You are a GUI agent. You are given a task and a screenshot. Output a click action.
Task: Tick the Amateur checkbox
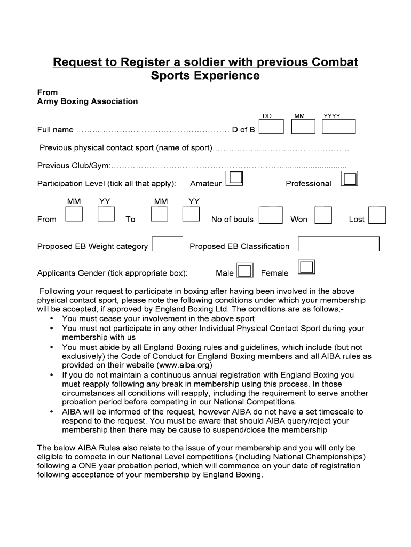[234, 179]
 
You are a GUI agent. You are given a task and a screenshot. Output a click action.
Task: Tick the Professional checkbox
[350, 179]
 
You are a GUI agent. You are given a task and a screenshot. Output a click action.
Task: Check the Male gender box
[244, 271]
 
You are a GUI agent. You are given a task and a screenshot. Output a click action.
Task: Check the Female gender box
[307, 267]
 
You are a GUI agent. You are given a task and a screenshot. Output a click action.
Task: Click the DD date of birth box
[272, 127]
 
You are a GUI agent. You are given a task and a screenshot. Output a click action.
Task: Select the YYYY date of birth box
[339, 127]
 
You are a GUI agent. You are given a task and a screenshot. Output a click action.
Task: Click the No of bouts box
[271, 215]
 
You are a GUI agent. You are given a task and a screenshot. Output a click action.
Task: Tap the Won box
[323, 215]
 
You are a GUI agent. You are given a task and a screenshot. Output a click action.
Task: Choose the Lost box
[377, 215]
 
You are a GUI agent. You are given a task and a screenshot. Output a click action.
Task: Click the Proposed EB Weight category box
[168, 244]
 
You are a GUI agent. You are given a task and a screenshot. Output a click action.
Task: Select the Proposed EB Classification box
[338, 244]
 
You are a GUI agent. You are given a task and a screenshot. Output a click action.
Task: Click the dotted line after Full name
[153, 130]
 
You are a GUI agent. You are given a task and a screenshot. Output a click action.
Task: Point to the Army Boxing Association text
[88, 101]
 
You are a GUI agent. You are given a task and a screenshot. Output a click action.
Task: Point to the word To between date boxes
[130, 220]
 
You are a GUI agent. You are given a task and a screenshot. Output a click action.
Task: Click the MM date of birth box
[303, 127]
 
